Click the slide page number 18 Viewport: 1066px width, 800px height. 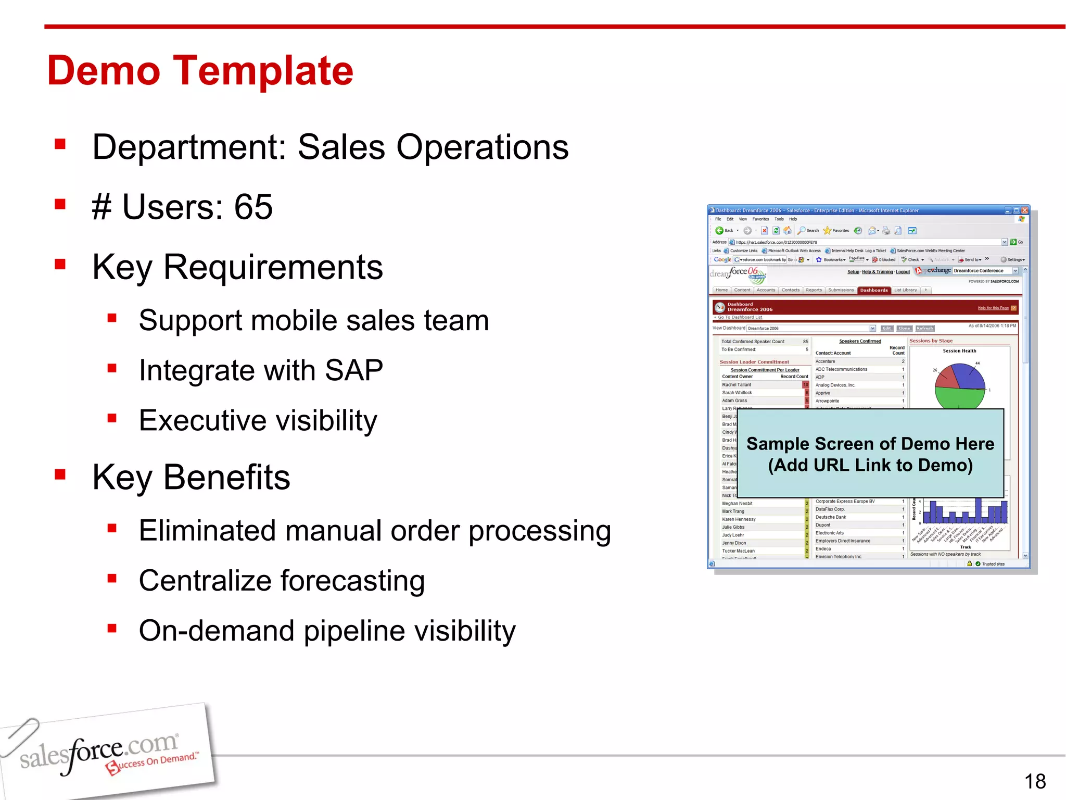[x=1035, y=781]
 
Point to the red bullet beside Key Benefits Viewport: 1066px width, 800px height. [x=60, y=474]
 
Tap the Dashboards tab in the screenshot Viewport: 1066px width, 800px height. [x=873, y=290]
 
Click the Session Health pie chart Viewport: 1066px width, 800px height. [x=959, y=386]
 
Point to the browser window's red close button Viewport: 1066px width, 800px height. [x=1024, y=210]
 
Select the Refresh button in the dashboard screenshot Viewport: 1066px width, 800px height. [x=924, y=328]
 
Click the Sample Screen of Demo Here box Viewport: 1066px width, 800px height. [x=870, y=454]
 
